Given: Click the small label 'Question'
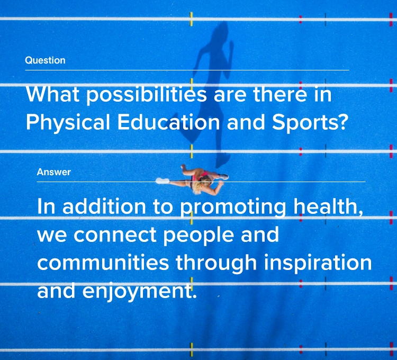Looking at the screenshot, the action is coord(46,60).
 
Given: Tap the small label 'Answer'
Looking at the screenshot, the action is coord(53,172).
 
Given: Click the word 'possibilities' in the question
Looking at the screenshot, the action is coord(147,95).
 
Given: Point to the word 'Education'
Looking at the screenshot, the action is coord(169,122).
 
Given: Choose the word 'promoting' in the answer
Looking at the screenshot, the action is coord(233,207).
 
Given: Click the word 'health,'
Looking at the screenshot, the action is coord(328,206).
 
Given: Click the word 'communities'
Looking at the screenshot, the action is coord(103,262).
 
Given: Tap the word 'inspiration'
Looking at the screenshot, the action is coord(318,263).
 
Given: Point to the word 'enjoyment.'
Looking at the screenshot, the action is coord(140,291).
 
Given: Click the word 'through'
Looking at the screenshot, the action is coord(216,263).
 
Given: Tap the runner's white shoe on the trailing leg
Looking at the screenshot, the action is coord(163,181).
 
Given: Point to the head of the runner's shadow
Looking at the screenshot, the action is coord(220,30).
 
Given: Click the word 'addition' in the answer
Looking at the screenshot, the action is coord(104,206).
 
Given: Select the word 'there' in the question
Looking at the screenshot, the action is coord(280,94).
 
